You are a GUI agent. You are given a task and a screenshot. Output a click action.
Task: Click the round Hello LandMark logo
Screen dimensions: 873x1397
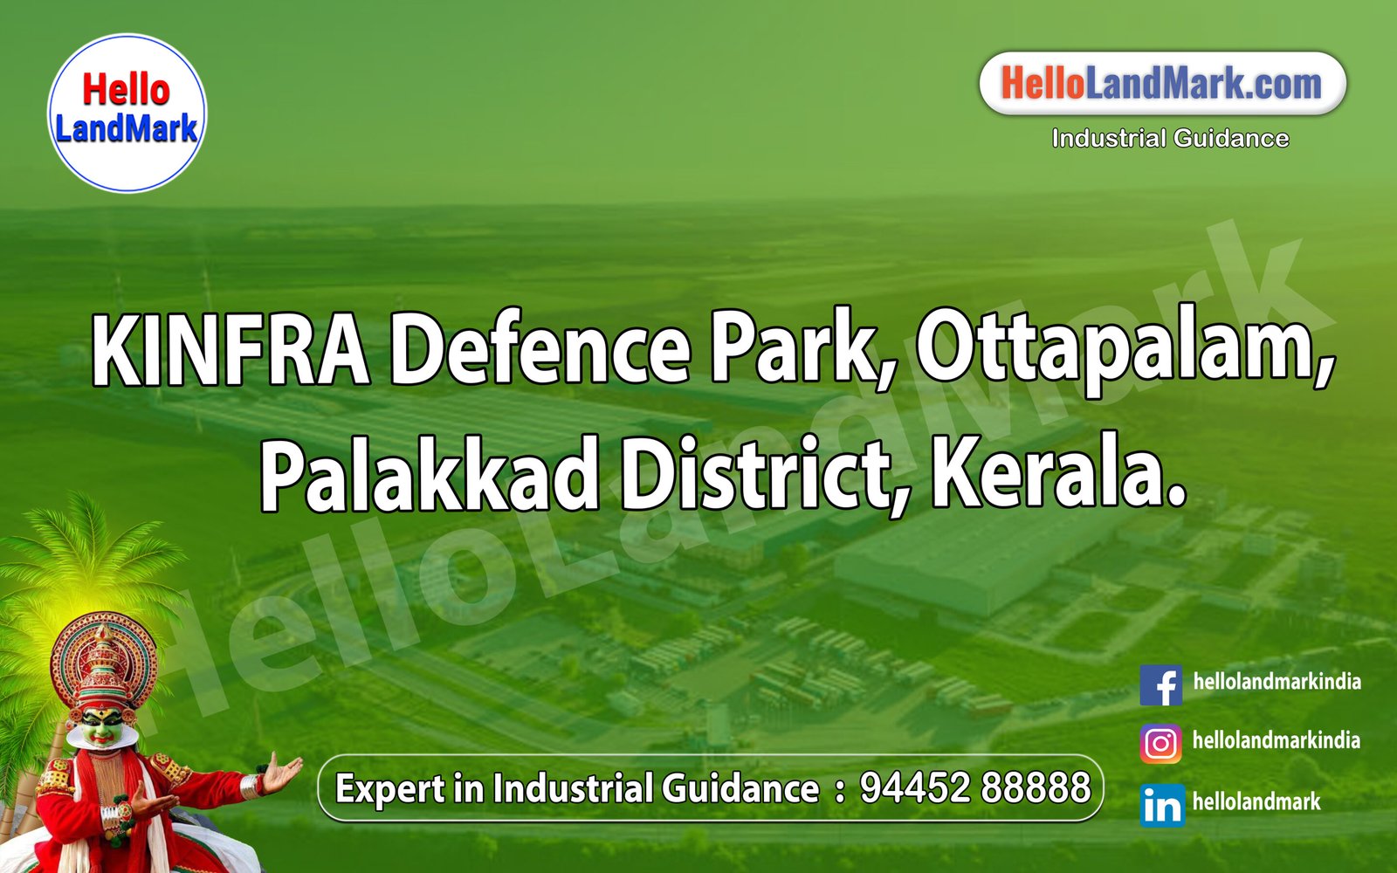(127, 113)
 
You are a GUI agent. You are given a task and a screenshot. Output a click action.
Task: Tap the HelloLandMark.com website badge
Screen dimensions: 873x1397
(1162, 84)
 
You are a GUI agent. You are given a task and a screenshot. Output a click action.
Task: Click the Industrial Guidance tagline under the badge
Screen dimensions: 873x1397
(1170, 138)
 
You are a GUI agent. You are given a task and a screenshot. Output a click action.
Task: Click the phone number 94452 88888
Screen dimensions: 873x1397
(975, 787)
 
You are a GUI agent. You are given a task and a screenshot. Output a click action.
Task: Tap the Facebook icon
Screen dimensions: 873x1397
(1161, 684)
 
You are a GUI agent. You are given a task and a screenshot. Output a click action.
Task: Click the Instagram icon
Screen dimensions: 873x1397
(1161, 743)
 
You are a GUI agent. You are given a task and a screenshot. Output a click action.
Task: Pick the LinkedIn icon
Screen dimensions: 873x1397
(1161, 804)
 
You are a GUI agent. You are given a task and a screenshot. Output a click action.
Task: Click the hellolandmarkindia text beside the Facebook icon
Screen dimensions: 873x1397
(1277, 682)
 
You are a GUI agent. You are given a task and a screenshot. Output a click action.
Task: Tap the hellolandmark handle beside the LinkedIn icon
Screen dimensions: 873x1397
(1256, 801)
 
